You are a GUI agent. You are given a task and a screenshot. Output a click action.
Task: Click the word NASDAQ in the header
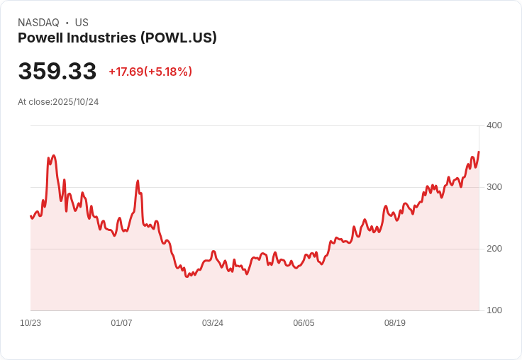(38, 23)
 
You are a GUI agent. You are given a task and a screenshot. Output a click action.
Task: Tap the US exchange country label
(82, 23)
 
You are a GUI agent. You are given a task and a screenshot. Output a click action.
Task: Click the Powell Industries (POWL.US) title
(117, 38)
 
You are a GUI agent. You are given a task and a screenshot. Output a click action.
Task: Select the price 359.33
(57, 72)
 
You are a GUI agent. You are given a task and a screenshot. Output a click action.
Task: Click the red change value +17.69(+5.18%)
(150, 72)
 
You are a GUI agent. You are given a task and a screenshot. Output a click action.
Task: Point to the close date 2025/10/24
(76, 102)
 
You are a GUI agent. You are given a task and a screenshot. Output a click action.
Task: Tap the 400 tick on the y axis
(494, 125)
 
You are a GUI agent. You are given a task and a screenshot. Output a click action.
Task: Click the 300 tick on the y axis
(494, 187)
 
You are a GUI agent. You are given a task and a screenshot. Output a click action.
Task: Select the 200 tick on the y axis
(494, 249)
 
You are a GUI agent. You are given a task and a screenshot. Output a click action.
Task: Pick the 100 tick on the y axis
(494, 310)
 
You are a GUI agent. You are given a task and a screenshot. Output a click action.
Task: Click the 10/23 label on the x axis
(30, 323)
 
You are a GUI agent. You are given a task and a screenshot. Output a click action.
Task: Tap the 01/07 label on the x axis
(121, 323)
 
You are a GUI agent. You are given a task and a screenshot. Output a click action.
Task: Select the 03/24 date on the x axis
(213, 323)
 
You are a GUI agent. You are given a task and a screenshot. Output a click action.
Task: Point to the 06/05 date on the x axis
(304, 323)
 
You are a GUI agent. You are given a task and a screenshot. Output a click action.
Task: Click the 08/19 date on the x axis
(395, 323)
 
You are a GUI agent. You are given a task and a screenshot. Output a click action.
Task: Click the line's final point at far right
(479, 152)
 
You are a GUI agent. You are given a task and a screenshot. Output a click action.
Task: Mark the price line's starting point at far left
(30, 216)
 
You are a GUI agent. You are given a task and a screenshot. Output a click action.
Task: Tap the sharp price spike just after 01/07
(138, 181)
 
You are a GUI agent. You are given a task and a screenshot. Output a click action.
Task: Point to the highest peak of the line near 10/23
(53, 155)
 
